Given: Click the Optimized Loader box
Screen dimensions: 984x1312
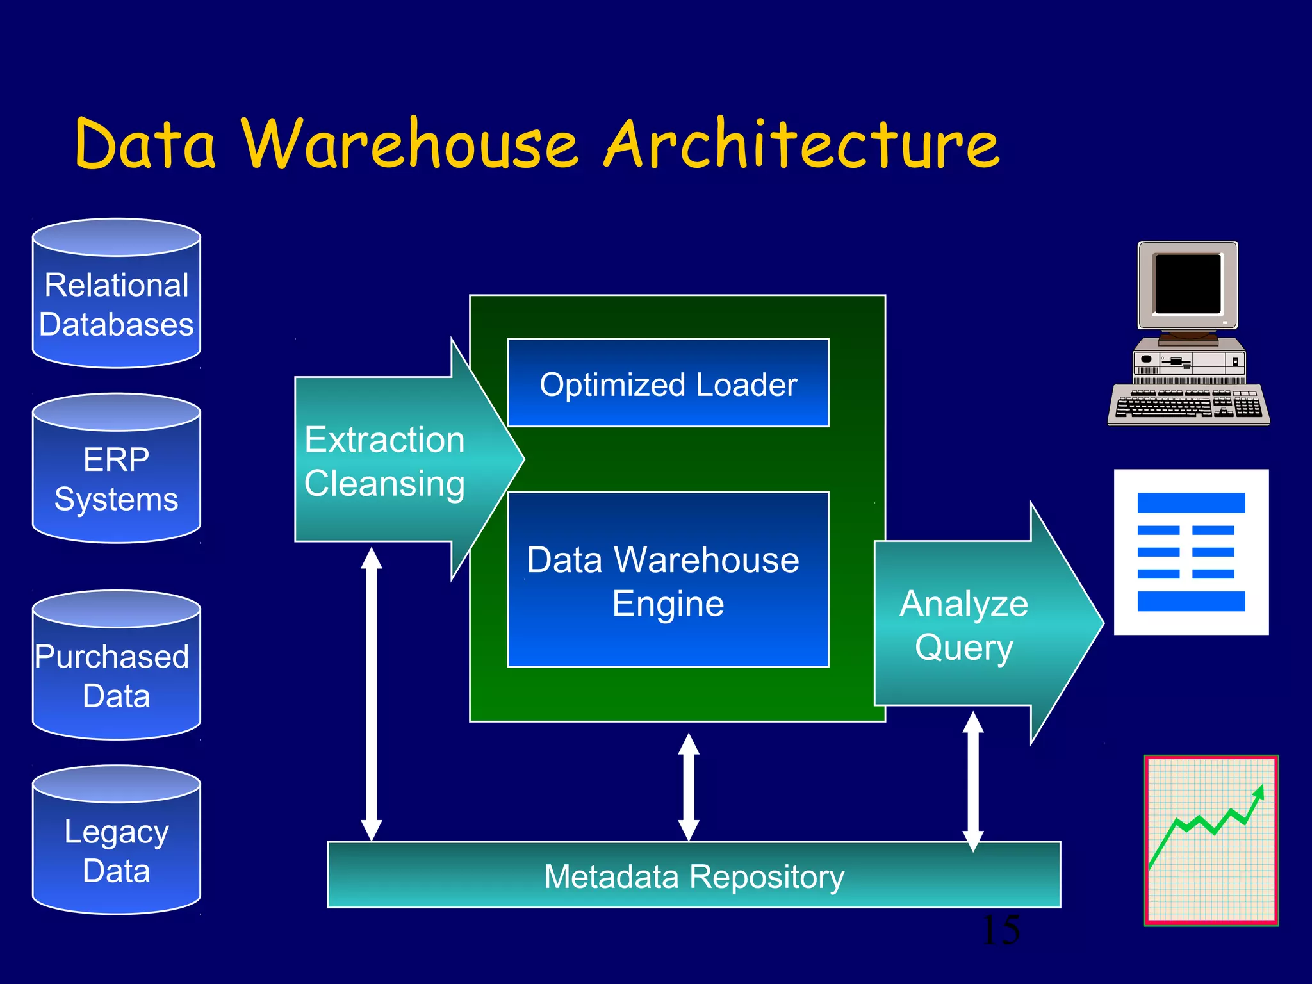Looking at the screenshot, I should (668, 384).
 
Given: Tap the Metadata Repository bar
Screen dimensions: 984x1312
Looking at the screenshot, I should (694, 876).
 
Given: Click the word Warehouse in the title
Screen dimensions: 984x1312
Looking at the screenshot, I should (410, 145).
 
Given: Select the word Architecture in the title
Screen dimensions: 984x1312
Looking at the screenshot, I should (801, 145).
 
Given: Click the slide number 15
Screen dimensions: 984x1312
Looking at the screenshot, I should (1001, 930).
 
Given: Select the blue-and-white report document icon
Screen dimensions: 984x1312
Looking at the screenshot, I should (1191, 552).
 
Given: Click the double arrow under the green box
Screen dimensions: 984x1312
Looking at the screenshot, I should (689, 787).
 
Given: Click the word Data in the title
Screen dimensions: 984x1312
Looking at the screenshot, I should (146, 145).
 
